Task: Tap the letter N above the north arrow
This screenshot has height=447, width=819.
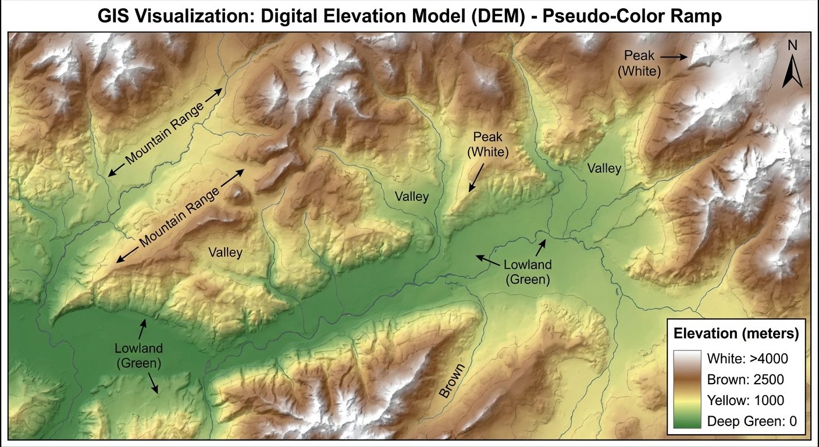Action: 792,45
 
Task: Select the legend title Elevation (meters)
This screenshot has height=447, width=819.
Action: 735,334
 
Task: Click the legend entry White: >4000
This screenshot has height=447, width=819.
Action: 747,358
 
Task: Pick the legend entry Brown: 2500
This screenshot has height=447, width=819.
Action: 746,379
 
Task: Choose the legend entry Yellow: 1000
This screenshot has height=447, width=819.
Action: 746,400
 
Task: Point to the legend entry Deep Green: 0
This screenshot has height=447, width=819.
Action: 752,422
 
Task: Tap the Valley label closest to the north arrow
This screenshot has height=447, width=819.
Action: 604,169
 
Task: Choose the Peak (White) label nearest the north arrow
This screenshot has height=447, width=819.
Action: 639,63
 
